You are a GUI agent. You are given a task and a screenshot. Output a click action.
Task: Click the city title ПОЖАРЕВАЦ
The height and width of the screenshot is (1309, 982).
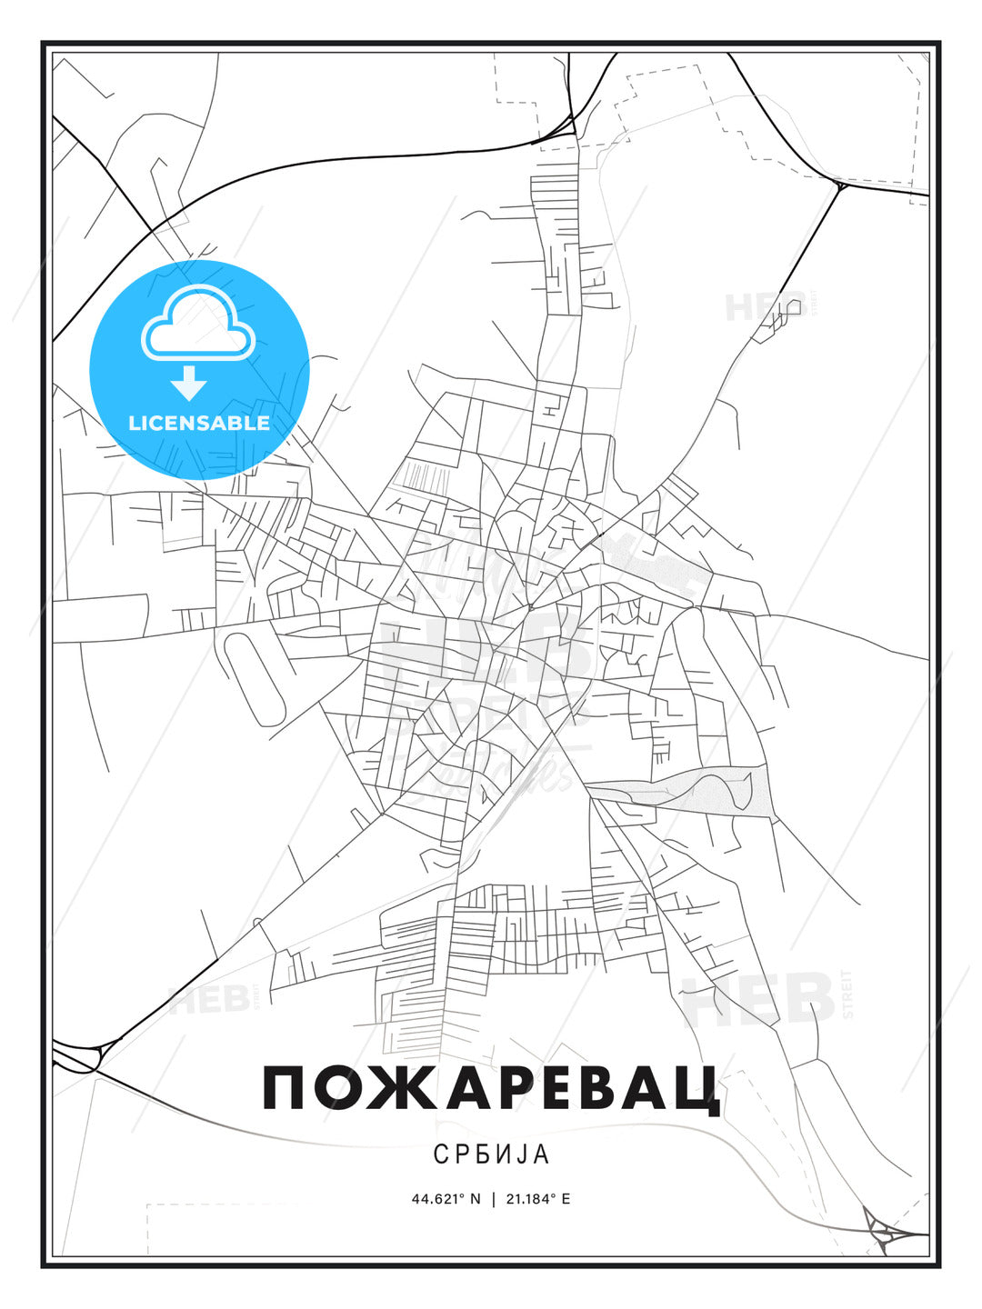click(x=491, y=1089)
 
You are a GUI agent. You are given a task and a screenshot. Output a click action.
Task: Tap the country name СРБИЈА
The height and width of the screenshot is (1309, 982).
click(x=491, y=1154)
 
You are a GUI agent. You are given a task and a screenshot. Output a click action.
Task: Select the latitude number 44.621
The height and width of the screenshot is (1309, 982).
click(x=440, y=1199)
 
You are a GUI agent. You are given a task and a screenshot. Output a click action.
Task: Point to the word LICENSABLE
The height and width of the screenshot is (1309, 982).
click(x=199, y=423)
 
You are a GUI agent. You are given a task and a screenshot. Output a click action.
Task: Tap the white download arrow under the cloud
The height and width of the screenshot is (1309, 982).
click(x=189, y=383)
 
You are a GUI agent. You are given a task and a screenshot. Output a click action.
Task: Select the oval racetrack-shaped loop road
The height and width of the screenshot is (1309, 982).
click(x=255, y=678)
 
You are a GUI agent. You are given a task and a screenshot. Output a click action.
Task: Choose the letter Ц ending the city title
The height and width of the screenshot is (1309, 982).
click(x=697, y=1091)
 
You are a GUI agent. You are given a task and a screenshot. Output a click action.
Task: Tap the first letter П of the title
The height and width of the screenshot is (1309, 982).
click(x=284, y=1089)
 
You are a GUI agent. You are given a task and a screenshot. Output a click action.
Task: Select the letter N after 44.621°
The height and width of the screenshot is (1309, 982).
click(x=475, y=1199)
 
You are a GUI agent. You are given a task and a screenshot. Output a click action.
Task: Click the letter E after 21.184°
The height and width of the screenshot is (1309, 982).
click(x=566, y=1199)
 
